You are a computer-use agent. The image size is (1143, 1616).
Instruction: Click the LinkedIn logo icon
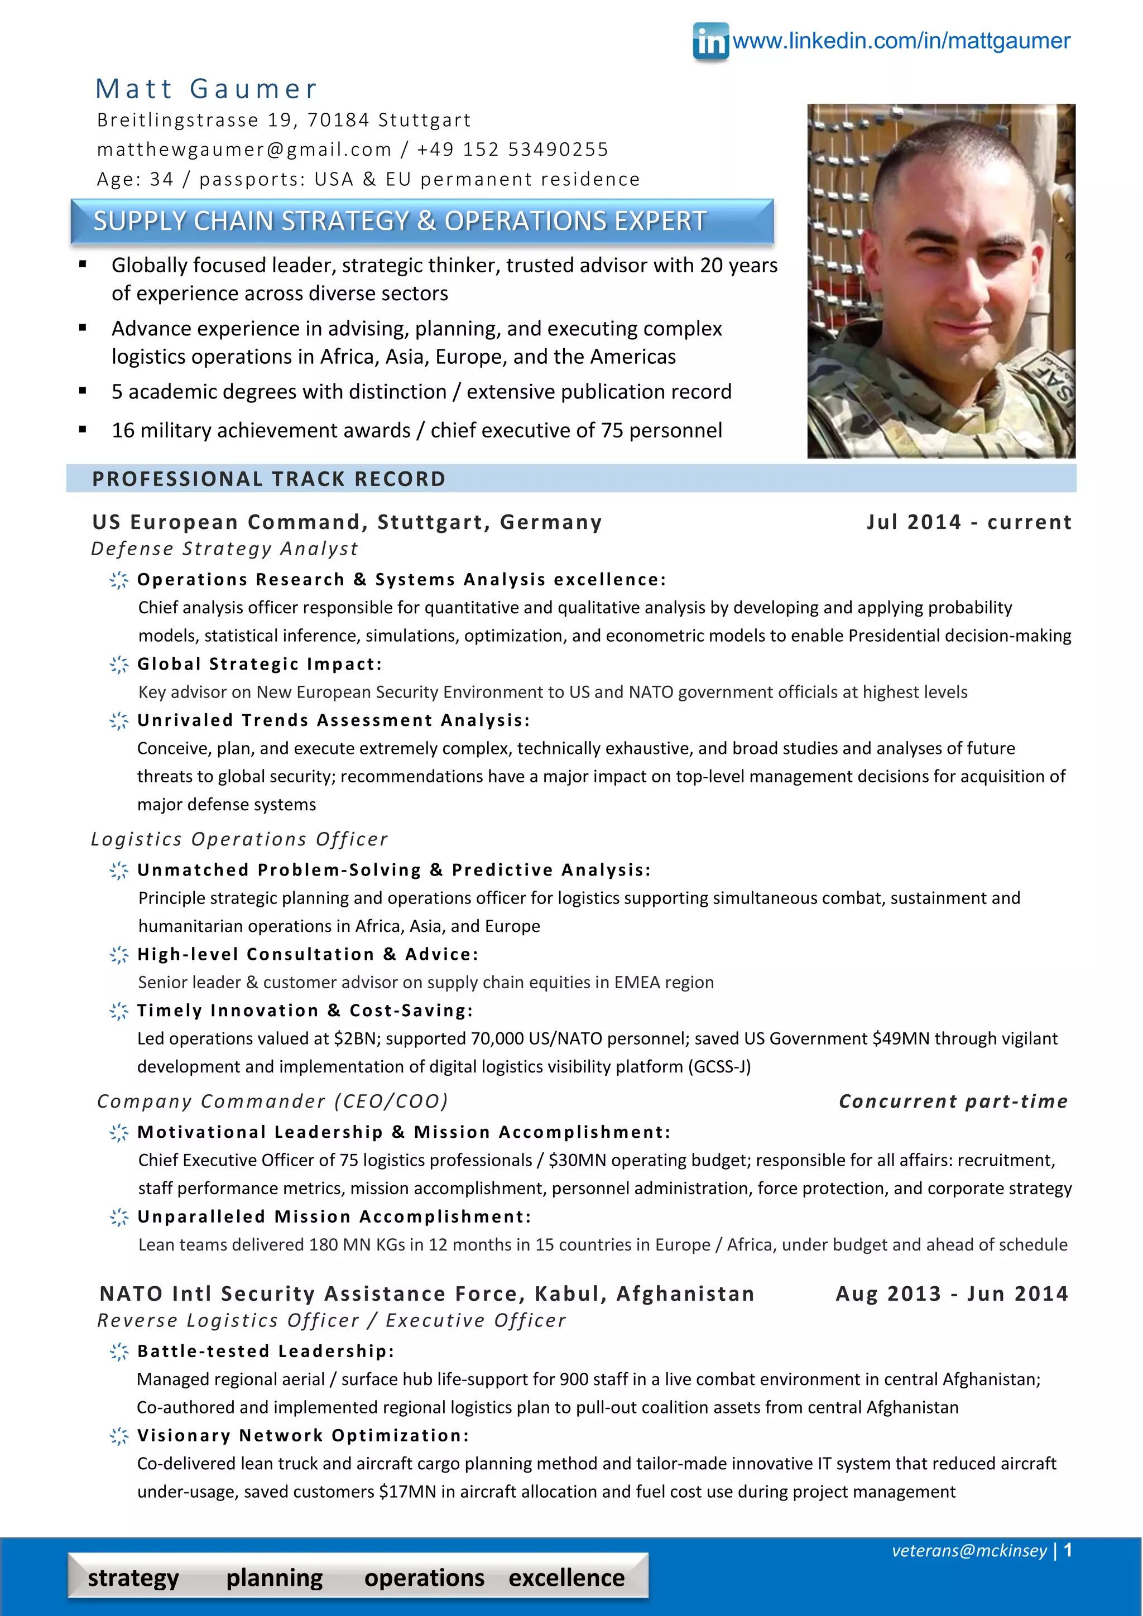[710, 41]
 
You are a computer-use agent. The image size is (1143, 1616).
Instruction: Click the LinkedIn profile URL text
[901, 41]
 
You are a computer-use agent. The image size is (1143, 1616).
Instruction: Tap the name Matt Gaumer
[206, 89]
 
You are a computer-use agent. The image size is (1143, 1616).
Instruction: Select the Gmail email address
[243, 149]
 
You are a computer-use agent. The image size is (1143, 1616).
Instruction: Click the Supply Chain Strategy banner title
[399, 221]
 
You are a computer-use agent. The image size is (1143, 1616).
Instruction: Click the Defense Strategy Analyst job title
[224, 549]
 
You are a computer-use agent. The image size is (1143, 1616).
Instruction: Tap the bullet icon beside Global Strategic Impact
[119, 665]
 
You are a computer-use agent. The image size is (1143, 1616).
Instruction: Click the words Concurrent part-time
[953, 1101]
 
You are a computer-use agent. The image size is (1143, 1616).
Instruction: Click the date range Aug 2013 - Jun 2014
[952, 1293]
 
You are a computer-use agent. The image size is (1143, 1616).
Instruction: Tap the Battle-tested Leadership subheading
[265, 1352]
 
